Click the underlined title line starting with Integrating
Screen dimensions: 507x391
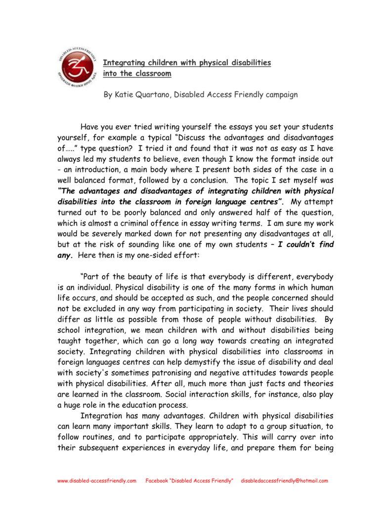pos(187,63)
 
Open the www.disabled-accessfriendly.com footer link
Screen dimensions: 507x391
pos(97,481)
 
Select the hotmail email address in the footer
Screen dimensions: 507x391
pos(284,481)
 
